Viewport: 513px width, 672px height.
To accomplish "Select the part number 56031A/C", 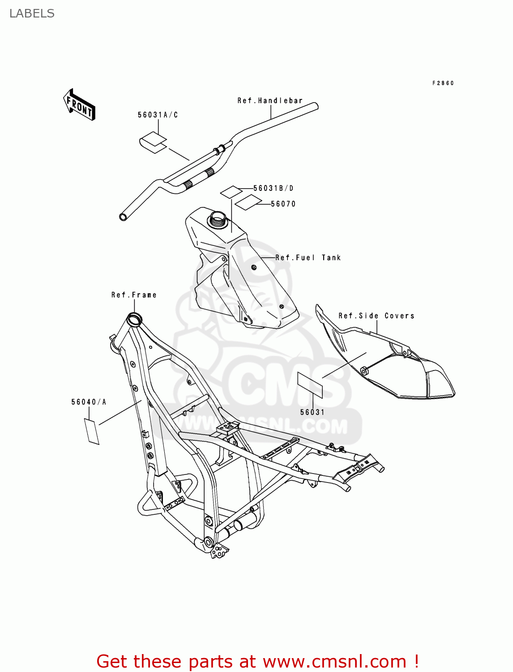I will tap(158, 115).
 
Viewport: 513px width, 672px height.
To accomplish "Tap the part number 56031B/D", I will tap(273, 188).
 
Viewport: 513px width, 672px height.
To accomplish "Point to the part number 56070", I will tap(283, 204).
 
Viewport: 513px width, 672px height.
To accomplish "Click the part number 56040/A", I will tap(89, 402).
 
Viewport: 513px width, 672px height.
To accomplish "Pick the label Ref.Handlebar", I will tap(270, 101).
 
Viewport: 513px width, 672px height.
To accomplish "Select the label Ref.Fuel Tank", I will tap(308, 258).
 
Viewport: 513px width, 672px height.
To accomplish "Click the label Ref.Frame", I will tap(134, 295).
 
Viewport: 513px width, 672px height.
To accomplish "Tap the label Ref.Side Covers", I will tap(376, 316).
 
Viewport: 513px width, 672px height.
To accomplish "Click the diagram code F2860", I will tap(443, 83).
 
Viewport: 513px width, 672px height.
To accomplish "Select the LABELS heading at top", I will tap(32, 13).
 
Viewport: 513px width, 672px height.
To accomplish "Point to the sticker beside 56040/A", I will tap(92, 431).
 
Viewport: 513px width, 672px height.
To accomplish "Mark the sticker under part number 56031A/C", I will tap(153, 142).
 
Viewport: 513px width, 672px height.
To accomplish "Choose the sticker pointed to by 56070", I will tap(248, 202).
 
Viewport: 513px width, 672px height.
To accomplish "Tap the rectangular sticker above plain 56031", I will tap(310, 384).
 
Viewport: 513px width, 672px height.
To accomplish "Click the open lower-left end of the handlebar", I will tap(123, 217).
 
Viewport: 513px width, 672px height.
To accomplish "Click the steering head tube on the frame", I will tap(134, 319).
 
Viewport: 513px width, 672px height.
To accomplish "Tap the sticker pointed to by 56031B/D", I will tap(231, 191).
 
